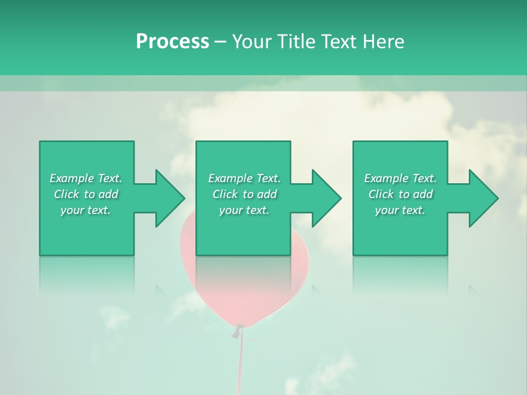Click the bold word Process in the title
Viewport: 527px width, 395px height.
point(172,42)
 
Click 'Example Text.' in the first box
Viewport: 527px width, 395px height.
point(86,178)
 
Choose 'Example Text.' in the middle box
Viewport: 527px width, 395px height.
point(244,178)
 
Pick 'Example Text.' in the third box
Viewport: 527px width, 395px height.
point(400,178)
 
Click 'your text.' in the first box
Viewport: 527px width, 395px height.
point(86,210)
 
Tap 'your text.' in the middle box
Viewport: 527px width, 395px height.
point(244,210)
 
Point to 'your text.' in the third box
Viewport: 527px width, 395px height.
point(400,210)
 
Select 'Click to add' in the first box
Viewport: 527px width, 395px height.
point(86,194)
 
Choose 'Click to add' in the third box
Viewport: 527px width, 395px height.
point(401,194)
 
